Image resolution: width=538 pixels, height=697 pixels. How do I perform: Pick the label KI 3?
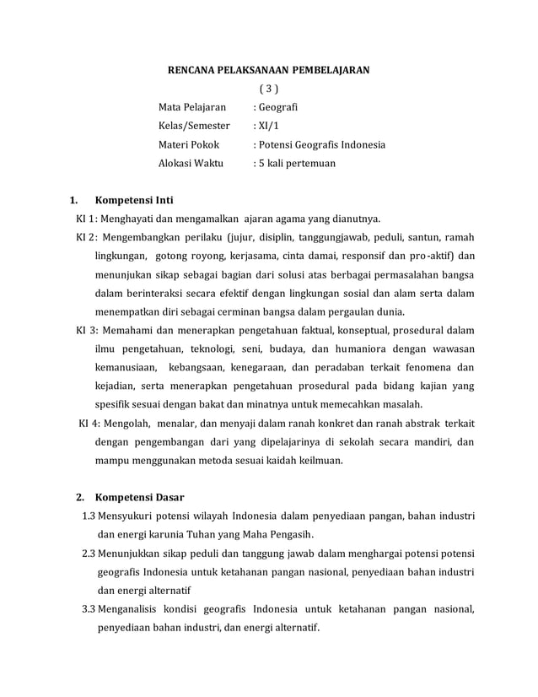tap(88, 330)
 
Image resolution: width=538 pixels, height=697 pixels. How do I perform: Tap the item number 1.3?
tap(89, 515)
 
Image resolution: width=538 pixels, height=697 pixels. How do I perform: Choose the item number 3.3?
tap(89, 609)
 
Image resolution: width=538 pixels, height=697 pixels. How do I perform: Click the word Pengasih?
tap(291, 534)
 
